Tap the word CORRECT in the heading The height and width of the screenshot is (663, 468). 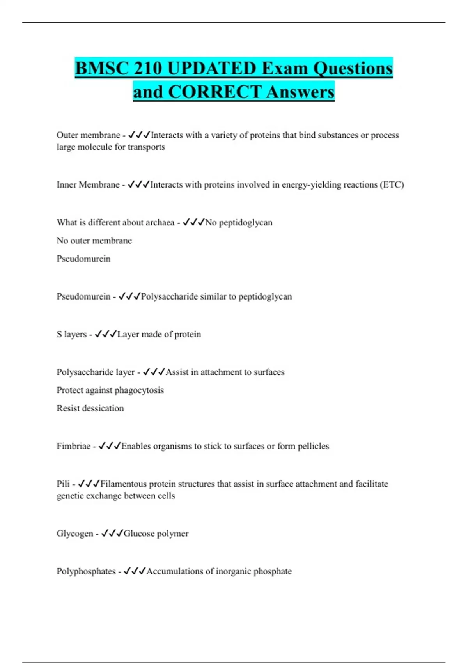pos(214,92)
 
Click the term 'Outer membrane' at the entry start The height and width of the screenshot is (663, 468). pos(88,135)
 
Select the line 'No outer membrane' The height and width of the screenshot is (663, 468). pos(94,241)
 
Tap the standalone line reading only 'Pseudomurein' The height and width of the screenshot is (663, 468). pos(83,259)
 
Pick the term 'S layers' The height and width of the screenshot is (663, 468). pos(71,334)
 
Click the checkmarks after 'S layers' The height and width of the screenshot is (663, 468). pos(106,334)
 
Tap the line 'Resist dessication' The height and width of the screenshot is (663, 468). pos(90,408)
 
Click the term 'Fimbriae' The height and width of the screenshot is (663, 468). pos(73,446)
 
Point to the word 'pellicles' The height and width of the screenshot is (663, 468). pos(313,446)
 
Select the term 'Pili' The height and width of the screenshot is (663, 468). pos(63,484)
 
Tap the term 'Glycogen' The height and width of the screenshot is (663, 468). pos(75,534)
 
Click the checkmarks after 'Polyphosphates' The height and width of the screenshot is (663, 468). pos(135,571)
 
